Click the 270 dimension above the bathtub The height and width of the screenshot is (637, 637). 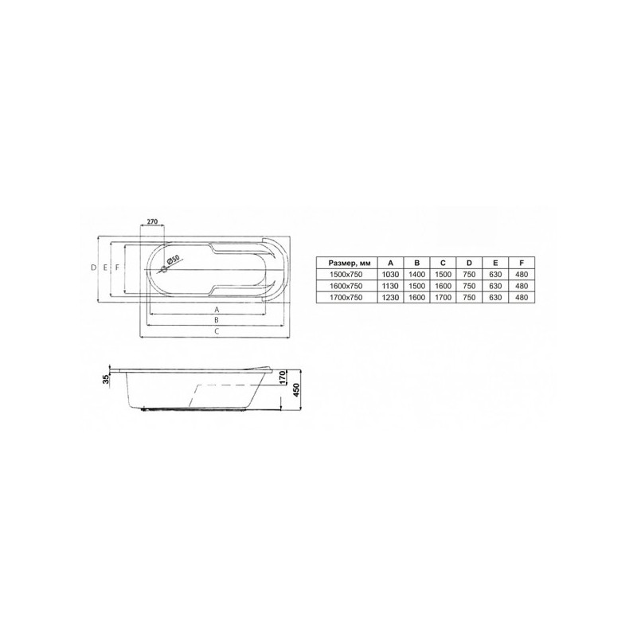152,221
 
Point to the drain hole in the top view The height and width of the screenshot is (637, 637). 165,269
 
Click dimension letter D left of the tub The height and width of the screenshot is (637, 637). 94,268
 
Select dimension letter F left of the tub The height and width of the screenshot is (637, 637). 117,268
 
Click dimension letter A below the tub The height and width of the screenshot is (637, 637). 217,310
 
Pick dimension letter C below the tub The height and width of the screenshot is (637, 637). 217,331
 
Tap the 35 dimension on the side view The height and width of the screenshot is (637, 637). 107,379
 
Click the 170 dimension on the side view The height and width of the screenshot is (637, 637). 284,377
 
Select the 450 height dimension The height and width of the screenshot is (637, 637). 296,390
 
